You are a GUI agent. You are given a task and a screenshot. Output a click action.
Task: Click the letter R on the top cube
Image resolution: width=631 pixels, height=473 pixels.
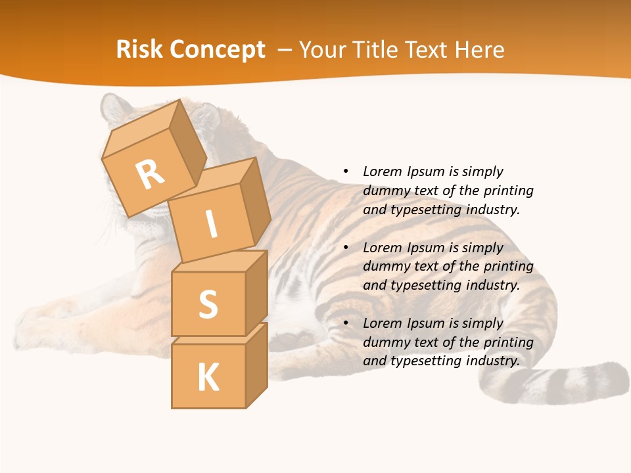point(151,173)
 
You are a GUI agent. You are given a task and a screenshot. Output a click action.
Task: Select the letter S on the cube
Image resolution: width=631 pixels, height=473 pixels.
point(208,304)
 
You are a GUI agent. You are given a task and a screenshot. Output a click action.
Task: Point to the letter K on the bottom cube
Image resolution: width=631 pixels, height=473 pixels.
point(208,378)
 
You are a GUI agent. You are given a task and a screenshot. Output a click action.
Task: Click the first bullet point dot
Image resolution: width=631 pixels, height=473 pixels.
point(346,171)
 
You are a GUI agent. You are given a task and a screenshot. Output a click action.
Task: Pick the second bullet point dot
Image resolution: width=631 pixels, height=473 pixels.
point(346,248)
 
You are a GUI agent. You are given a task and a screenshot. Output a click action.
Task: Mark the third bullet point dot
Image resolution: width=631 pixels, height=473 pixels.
point(346,323)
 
